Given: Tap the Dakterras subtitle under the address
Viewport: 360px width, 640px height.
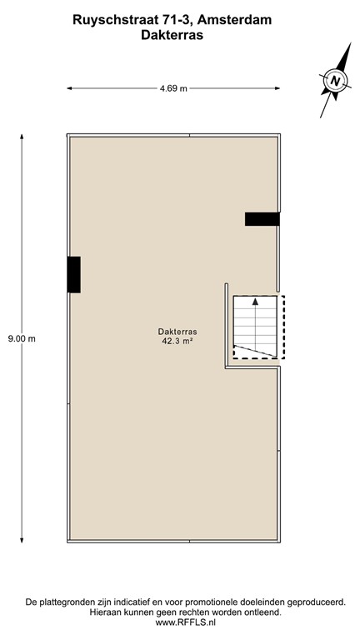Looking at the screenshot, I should click(x=179, y=37).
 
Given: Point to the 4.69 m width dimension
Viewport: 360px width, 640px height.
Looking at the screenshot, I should click(x=173, y=87).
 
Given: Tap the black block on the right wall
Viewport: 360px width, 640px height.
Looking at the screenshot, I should click(x=262, y=219).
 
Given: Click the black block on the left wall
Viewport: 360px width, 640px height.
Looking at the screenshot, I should click(x=74, y=274).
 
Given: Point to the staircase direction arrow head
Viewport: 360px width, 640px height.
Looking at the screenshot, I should click(x=254, y=302).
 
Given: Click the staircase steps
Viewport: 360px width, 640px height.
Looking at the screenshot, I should click(x=254, y=325).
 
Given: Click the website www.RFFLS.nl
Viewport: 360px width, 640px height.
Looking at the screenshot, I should click(x=179, y=622).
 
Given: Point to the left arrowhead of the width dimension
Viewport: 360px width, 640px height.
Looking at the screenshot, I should click(x=70, y=87).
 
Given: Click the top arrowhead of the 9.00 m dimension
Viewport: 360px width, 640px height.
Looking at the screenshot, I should click(x=21, y=136).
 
